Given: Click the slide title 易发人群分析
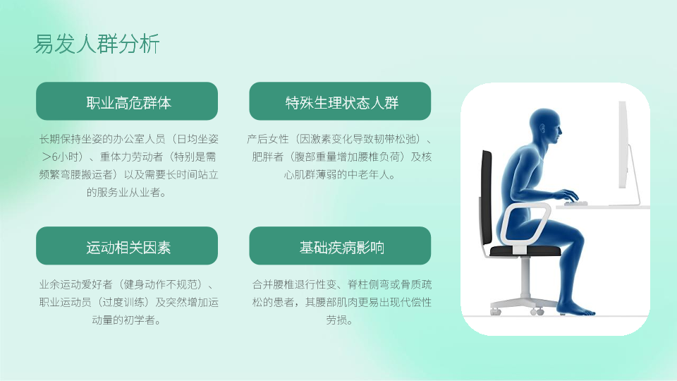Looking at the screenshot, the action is click(97, 44).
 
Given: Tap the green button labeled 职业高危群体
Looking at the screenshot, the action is click(127, 101).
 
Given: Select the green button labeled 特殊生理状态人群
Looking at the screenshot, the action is click(340, 101).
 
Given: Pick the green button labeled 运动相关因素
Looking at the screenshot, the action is click(127, 246).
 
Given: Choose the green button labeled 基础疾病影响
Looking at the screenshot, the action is click(340, 246).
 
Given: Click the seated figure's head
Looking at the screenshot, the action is click(546, 126).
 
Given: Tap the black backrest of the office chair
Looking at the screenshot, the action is click(487, 197).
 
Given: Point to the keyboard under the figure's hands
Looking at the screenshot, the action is click(576, 203).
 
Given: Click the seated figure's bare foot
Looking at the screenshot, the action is click(576, 308).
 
